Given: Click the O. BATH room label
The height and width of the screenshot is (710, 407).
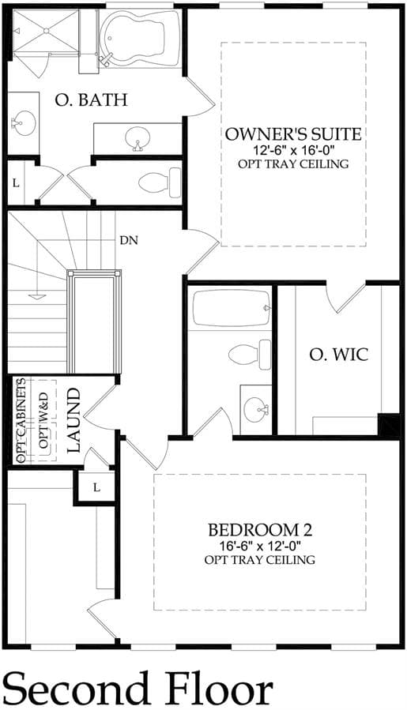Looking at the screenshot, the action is pyautogui.click(x=91, y=100).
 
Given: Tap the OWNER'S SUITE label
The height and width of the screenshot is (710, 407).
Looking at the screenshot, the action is pyautogui.click(x=293, y=134).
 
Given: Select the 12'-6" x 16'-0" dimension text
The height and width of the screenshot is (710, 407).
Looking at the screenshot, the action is pyautogui.click(x=293, y=150).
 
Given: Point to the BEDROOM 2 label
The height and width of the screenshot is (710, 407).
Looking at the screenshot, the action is pyautogui.click(x=260, y=529).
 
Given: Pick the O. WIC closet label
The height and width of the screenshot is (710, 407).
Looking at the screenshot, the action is pyautogui.click(x=339, y=355).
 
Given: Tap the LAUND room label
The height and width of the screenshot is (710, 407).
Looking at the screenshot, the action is pyautogui.click(x=73, y=419).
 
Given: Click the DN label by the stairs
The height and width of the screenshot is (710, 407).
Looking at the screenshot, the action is pyautogui.click(x=129, y=240).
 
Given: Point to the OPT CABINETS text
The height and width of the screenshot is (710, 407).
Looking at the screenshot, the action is pyautogui.click(x=21, y=419).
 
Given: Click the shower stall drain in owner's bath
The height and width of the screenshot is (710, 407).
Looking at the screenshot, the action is pyautogui.click(x=46, y=30).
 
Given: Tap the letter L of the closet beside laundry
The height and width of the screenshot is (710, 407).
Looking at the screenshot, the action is pyautogui.click(x=96, y=487).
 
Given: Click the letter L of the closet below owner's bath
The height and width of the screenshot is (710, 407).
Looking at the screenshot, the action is pyautogui.click(x=16, y=183).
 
